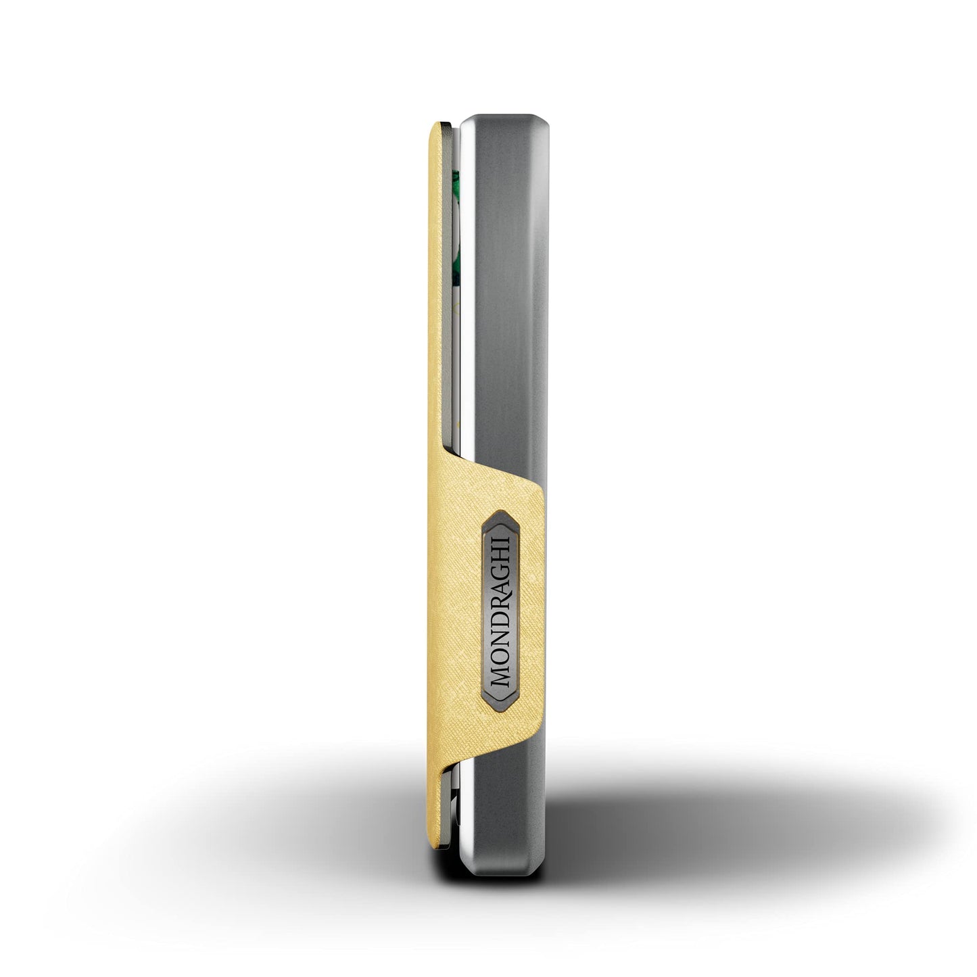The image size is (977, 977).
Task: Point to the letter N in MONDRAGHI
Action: coord(500,637)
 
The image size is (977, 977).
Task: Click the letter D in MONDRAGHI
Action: coord(500,618)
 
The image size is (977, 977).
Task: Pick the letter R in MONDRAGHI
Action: coord(500,600)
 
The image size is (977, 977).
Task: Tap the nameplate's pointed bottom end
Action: coord(499,696)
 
